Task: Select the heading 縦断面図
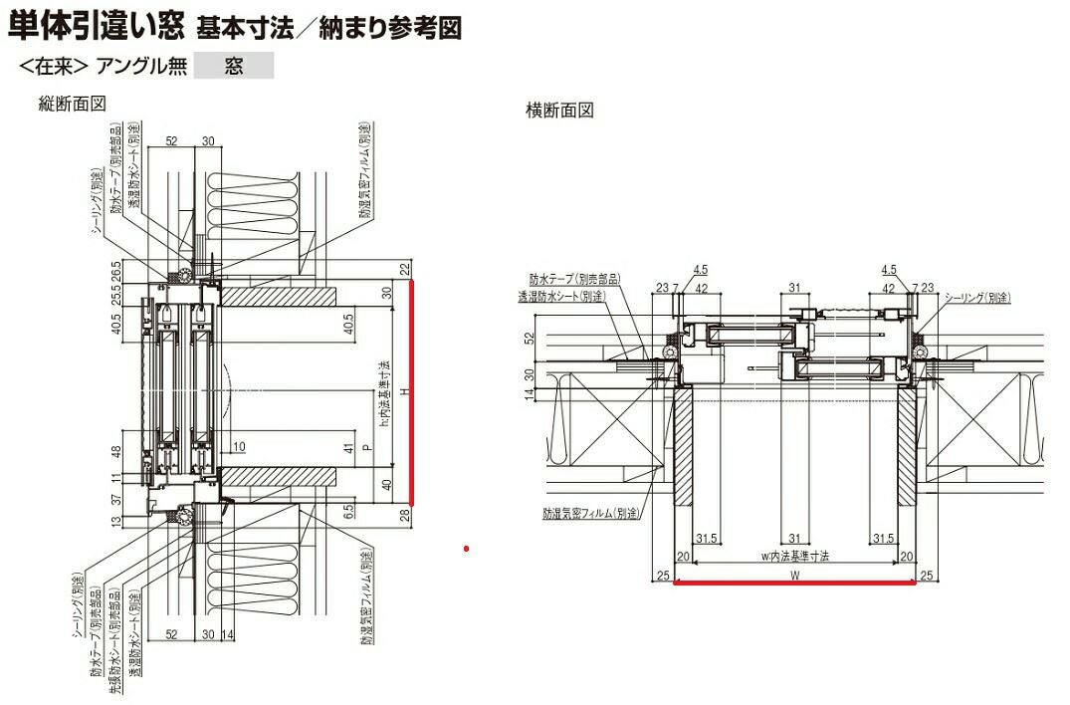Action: (x=71, y=103)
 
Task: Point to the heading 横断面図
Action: (x=559, y=111)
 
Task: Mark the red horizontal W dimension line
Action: (x=794, y=584)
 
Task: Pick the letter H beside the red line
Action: (x=403, y=391)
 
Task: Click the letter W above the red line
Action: (x=794, y=575)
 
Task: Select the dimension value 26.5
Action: (x=116, y=272)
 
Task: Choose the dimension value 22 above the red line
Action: (x=405, y=268)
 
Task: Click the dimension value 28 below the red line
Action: (x=405, y=515)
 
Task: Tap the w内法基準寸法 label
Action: (x=794, y=556)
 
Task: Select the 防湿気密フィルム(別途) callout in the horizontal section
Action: (x=589, y=514)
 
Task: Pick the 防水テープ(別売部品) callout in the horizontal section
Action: (x=574, y=279)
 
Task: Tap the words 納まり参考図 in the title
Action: (x=390, y=27)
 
